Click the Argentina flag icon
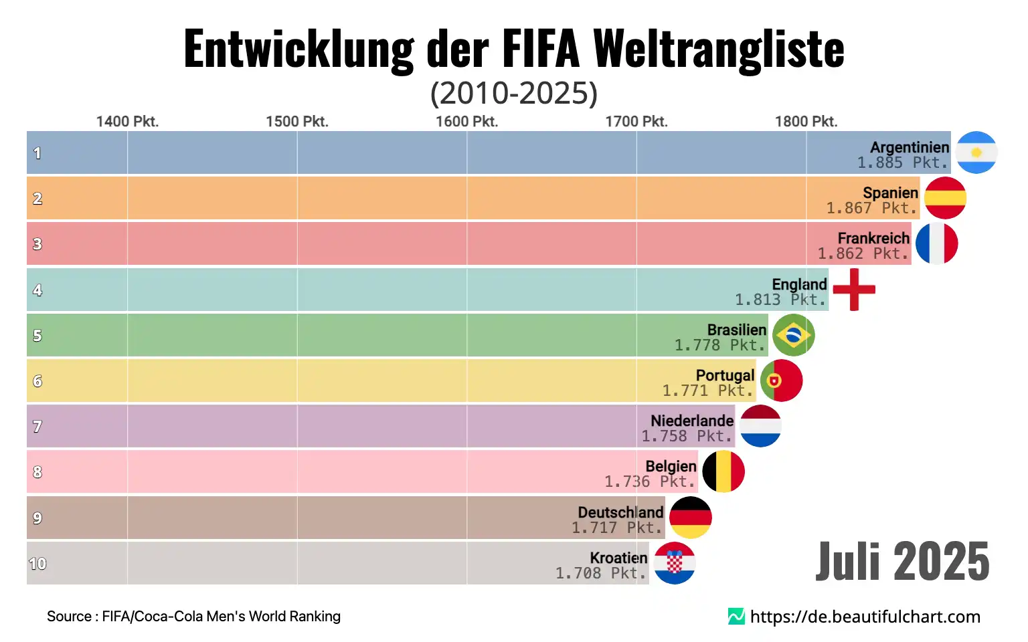(x=976, y=152)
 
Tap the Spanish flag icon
(x=945, y=198)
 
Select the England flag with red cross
(x=854, y=290)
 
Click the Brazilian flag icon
(x=793, y=335)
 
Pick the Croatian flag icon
(x=675, y=563)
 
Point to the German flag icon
(x=691, y=518)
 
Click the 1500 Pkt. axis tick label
(x=297, y=122)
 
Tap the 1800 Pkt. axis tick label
(x=806, y=122)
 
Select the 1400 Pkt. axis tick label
(x=127, y=122)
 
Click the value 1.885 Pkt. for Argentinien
(x=902, y=163)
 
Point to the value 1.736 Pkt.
(x=649, y=481)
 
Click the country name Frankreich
(x=873, y=238)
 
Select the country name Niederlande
(x=692, y=421)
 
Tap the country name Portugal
(x=725, y=375)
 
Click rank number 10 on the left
(x=37, y=564)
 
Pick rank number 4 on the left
(x=37, y=290)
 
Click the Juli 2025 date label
(x=902, y=562)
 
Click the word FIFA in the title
(x=540, y=49)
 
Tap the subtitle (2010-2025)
(x=513, y=93)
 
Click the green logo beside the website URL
(x=736, y=617)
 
